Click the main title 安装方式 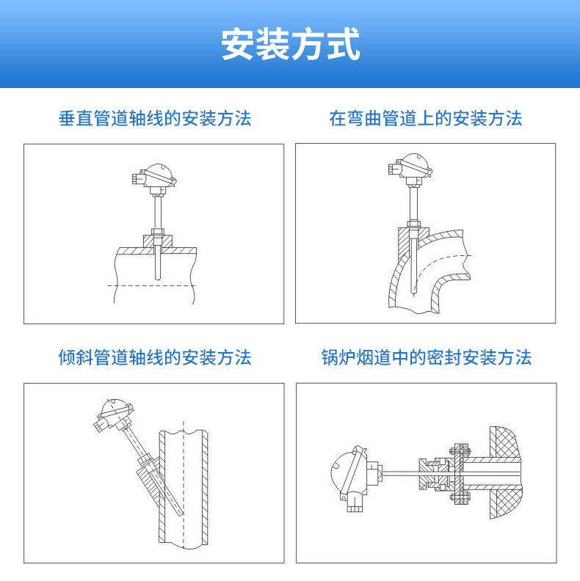pyautogui.click(x=291, y=44)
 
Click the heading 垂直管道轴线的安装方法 pyautogui.click(x=155, y=119)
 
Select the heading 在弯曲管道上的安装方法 pyautogui.click(x=426, y=119)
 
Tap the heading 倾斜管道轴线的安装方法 pyautogui.click(x=155, y=357)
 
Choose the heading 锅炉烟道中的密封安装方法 pyautogui.click(x=427, y=357)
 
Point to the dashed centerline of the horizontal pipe pyautogui.click(x=151, y=285)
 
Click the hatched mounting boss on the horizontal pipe pyautogui.click(x=158, y=241)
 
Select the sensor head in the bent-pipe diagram pyautogui.click(x=410, y=169)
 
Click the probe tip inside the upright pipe pyautogui.click(x=181, y=514)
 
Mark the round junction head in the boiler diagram pyautogui.click(x=349, y=474)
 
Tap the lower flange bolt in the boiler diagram pyautogui.click(x=460, y=497)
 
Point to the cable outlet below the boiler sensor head pyautogui.click(x=354, y=505)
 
